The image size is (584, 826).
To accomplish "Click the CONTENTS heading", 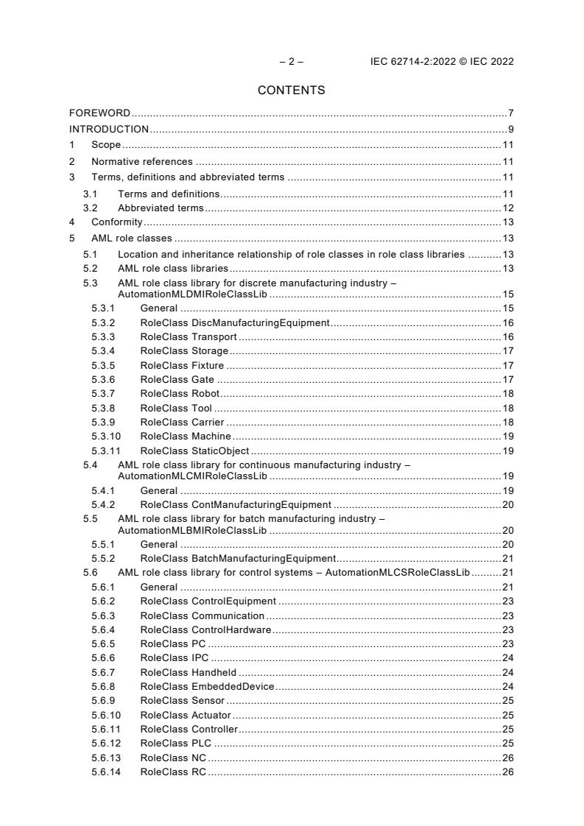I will pyautogui.click(x=291, y=91).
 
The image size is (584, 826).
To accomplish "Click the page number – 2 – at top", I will pyautogui.click(x=291, y=62).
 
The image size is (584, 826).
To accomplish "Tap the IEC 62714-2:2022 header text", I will pyautogui.click(x=442, y=62).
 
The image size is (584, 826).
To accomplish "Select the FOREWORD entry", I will pyautogui.click(x=99, y=113).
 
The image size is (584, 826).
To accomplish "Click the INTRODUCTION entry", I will pyautogui.click(x=109, y=130).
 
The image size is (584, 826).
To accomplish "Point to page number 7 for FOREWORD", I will pyautogui.click(x=510, y=113).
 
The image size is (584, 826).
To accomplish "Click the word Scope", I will pyautogui.click(x=106, y=146).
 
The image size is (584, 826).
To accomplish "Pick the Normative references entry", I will pyautogui.click(x=141, y=161).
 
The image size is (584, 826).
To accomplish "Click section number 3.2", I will pyautogui.click(x=90, y=208).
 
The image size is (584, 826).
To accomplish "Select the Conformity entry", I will pyautogui.click(x=116, y=222).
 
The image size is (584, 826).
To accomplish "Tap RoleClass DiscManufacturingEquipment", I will pyautogui.click(x=234, y=322).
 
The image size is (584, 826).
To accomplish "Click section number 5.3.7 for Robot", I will pyautogui.click(x=103, y=394).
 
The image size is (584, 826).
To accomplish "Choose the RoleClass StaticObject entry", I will pyautogui.click(x=194, y=451).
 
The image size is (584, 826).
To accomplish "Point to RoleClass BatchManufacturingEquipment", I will pyautogui.click(x=238, y=559).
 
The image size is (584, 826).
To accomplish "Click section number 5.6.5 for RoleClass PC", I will pyautogui.click(x=103, y=643).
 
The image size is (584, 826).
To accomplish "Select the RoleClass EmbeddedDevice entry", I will pyautogui.click(x=207, y=686).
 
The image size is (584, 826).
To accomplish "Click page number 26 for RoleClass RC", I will pyautogui.click(x=507, y=772).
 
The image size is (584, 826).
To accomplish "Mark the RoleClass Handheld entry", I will pyautogui.click(x=189, y=672).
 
